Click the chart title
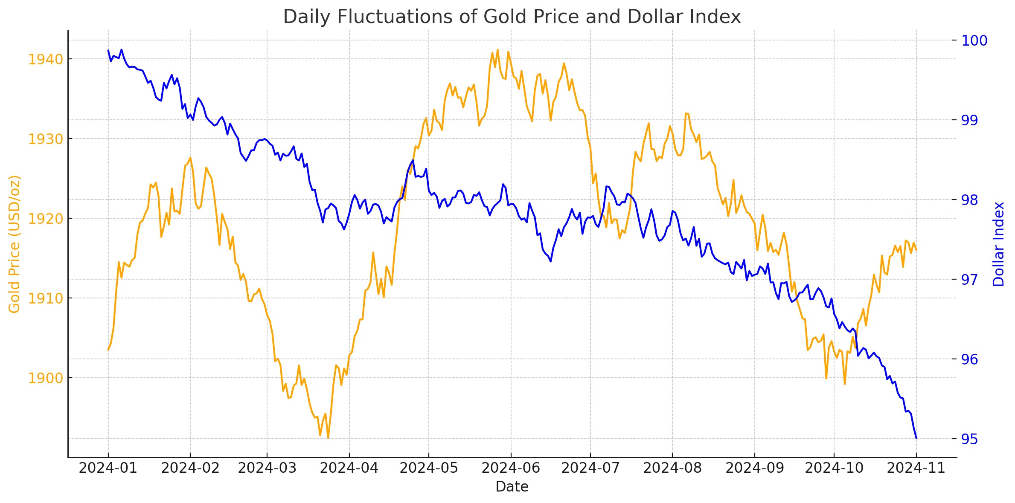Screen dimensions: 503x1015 tap(512, 17)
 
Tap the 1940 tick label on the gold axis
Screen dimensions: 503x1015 tap(46, 59)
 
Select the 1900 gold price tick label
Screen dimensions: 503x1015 tap(46, 378)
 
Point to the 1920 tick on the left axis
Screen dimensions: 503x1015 tap(46, 219)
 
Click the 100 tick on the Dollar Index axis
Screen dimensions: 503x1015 tap(974, 40)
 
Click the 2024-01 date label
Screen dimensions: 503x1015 tap(108, 468)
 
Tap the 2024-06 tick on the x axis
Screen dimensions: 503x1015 tap(511, 468)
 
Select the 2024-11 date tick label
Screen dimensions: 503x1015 tap(916, 468)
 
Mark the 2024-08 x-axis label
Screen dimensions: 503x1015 tap(672, 468)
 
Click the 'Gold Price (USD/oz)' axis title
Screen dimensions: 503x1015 tap(15, 244)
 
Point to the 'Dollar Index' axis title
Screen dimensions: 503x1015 tap(998, 244)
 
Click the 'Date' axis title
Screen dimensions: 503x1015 tap(512, 487)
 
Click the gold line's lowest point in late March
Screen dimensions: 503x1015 tap(328, 438)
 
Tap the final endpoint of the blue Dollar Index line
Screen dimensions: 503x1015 tap(916, 438)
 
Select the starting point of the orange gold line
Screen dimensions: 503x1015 tap(108, 350)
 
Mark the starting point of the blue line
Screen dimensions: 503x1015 tap(108, 50)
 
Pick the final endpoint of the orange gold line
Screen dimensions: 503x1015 tap(916, 250)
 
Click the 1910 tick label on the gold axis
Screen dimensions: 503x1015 tap(46, 298)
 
